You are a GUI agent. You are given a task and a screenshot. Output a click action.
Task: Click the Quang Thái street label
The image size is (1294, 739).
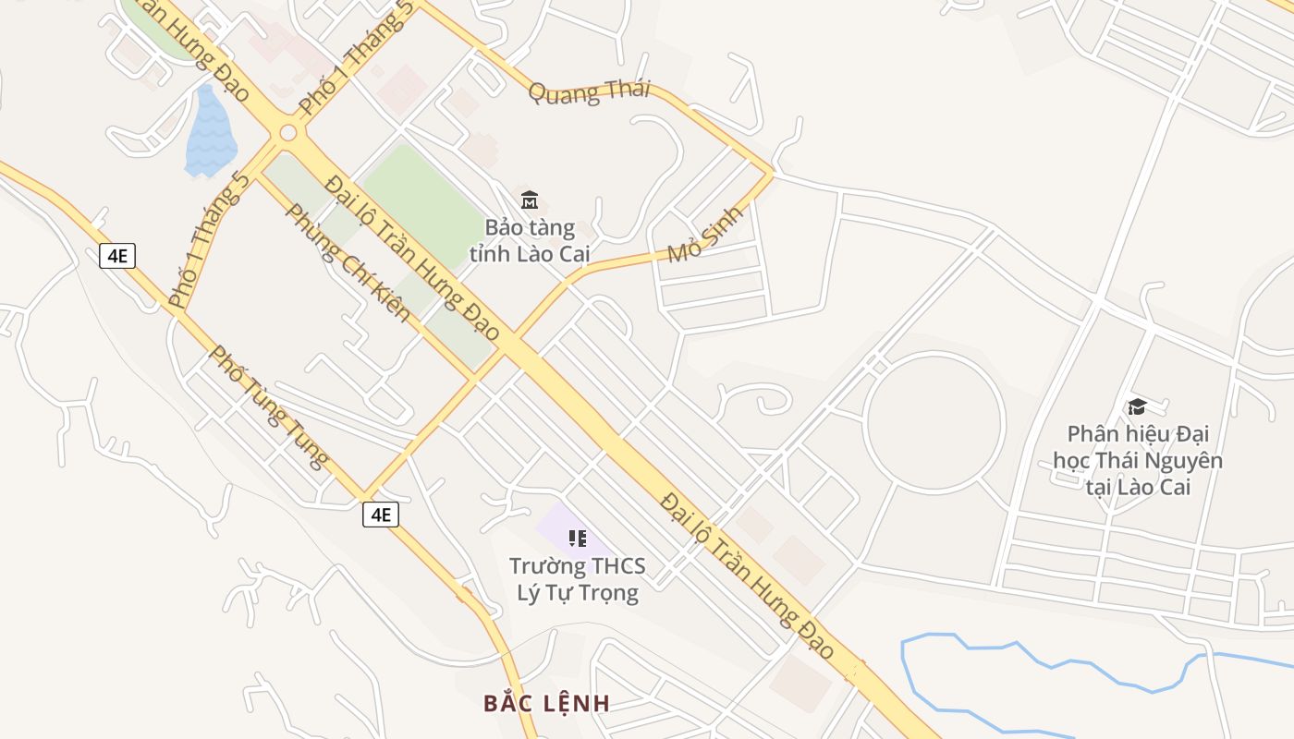[590, 92]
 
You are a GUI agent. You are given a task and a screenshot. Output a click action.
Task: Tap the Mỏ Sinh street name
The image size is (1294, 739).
[705, 234]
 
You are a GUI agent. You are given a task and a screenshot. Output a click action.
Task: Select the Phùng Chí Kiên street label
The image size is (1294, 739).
[348, 262]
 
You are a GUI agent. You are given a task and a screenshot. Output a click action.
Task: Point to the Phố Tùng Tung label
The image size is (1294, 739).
[269, 406]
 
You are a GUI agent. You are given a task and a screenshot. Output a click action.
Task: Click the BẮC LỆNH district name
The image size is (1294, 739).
[546, 703]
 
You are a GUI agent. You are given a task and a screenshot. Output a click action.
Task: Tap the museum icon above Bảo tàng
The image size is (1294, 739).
[530, 199]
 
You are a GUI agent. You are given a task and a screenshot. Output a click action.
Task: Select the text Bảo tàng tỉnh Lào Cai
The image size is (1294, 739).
[530, 240]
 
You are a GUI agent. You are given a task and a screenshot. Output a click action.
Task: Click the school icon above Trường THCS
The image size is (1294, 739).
[578, 539]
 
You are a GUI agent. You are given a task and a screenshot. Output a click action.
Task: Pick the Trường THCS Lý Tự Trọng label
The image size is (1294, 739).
[578, 579]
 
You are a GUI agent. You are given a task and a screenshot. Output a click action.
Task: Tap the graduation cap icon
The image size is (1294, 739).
[1136, 406]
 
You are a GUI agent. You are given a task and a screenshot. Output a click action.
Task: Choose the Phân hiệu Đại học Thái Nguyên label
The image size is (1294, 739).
[1138, 460]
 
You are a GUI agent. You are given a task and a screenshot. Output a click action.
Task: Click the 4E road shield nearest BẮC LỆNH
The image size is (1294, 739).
[381, 515]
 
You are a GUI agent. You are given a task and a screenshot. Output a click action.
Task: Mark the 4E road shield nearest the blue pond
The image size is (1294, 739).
[117, 256]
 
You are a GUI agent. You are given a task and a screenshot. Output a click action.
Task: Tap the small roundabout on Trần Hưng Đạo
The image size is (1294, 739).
[287, 133]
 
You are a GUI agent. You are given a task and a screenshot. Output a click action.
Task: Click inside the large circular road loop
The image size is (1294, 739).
[934, 422]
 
